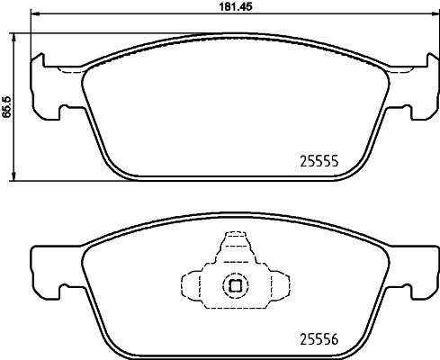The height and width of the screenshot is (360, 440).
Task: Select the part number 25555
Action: click(x=318, y=163)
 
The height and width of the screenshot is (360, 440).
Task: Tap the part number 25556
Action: click(x=318, y=340)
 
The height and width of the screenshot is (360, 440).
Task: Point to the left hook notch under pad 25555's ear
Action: click(x=64, y=112)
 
